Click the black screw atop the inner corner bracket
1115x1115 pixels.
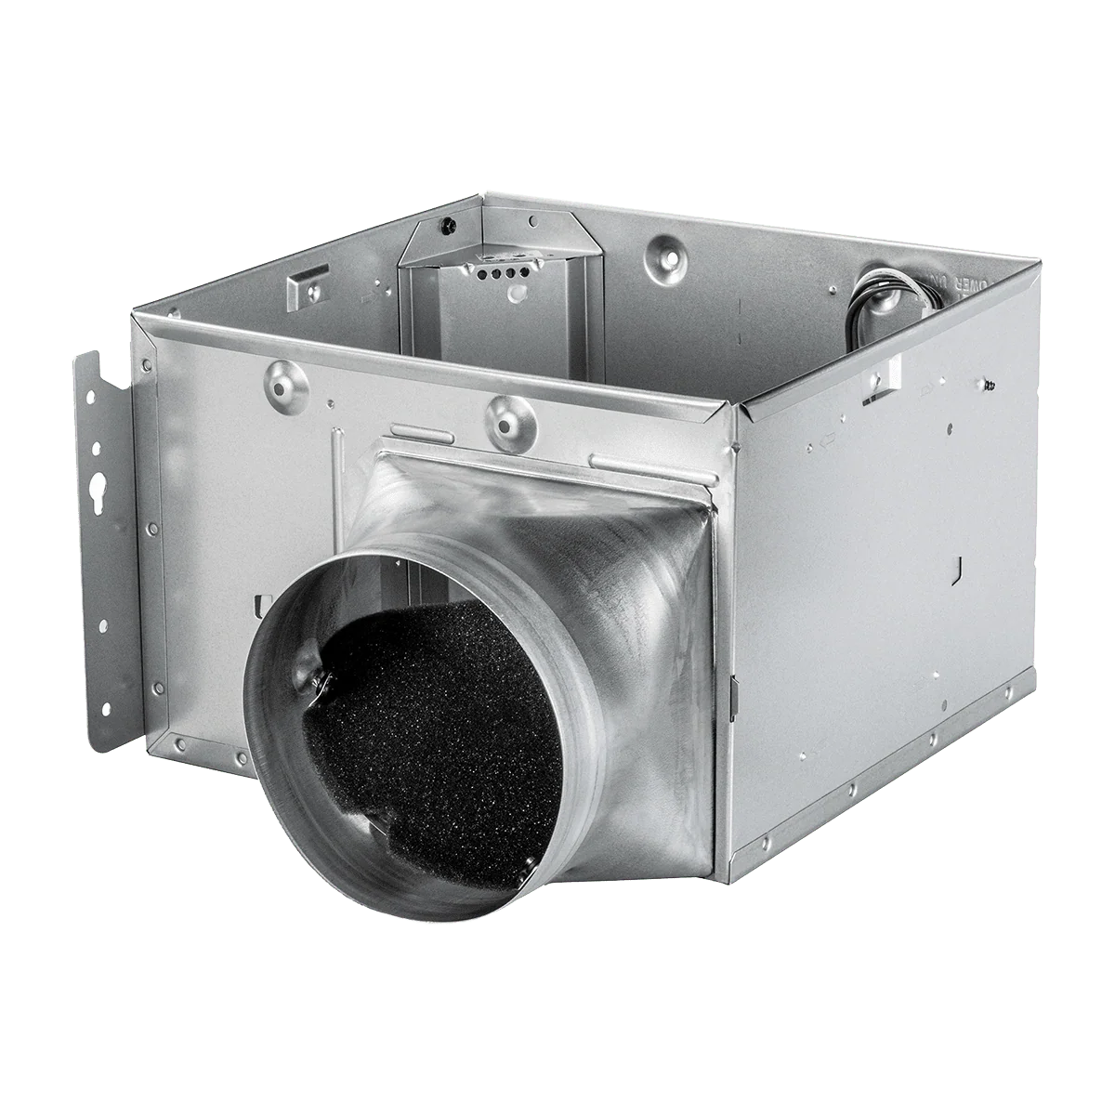tap(449, 223)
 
